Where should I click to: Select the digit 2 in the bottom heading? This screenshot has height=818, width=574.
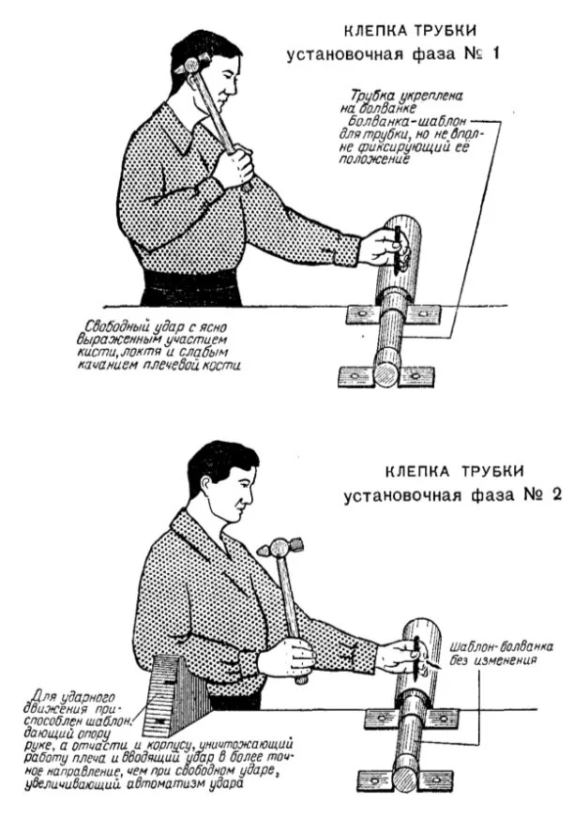point(555,494)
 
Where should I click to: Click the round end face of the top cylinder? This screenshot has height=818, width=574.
point(385,372)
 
